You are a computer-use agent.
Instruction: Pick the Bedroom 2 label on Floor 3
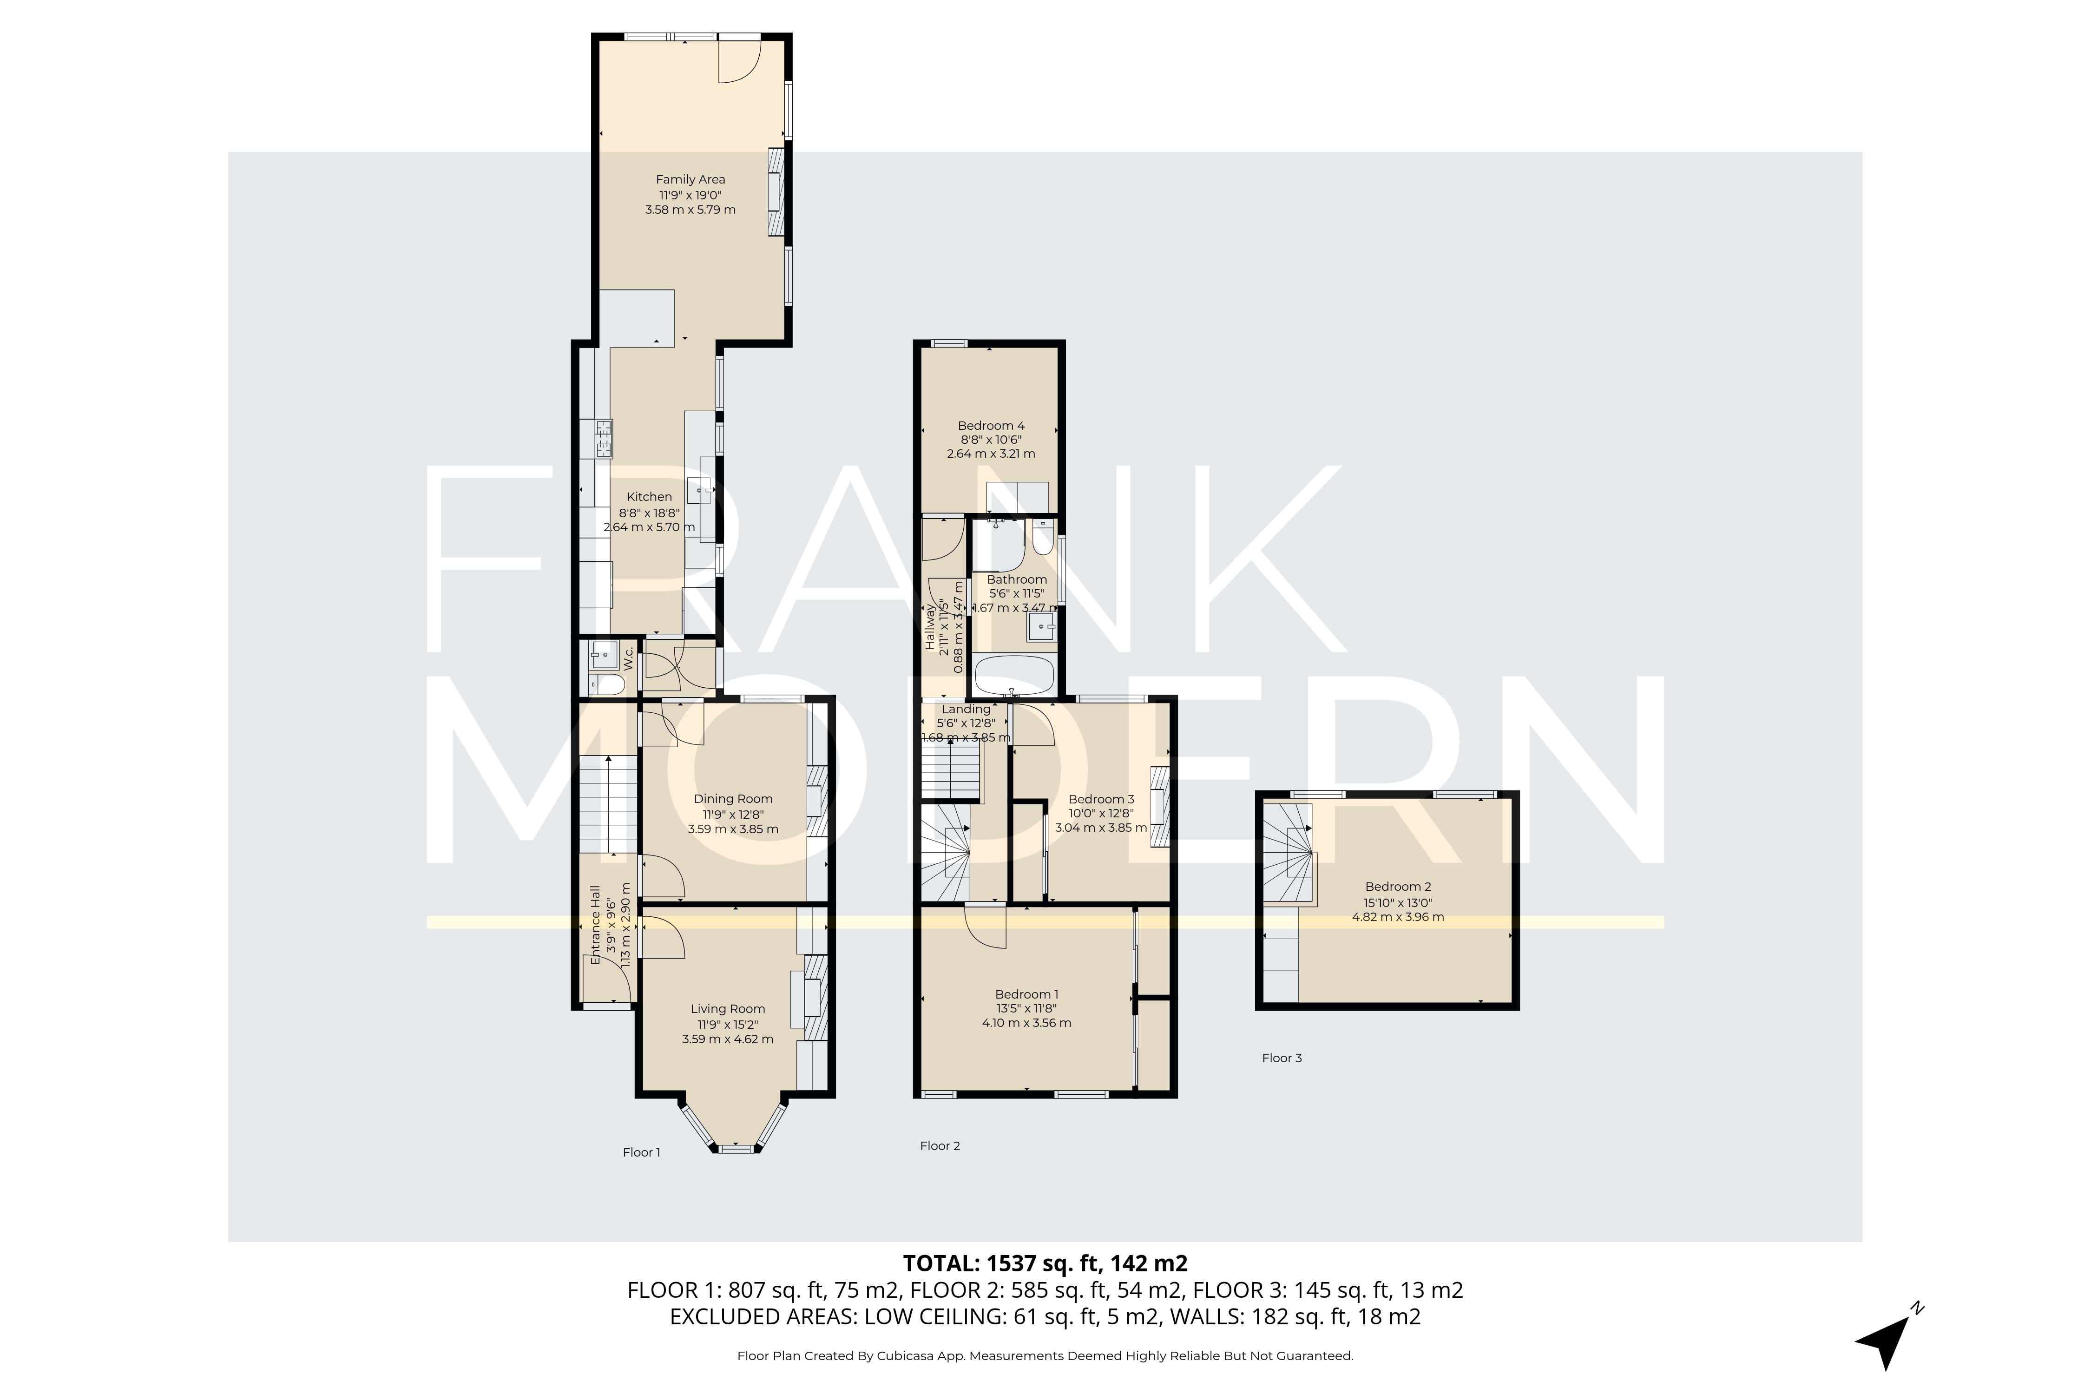[1398, 887]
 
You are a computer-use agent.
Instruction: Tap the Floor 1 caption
[641, 1152]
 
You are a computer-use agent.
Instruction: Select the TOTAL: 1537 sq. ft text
[1045, 1263]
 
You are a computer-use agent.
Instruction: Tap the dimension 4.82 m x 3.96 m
[1398, 917]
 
